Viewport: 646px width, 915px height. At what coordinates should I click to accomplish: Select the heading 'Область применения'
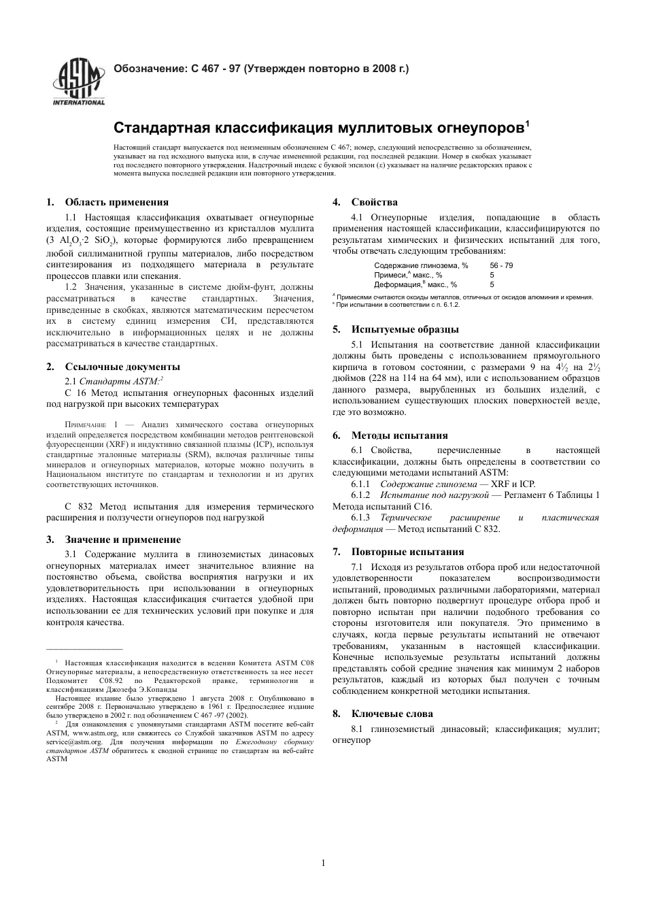coord(116,202)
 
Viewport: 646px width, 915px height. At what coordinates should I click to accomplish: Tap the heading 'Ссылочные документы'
coord(122,367)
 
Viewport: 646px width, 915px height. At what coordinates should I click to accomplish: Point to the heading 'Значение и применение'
coord(122,539)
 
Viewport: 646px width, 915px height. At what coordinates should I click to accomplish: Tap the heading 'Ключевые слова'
coord(392,714)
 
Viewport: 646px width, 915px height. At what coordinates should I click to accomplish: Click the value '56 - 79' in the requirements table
coord(501,265)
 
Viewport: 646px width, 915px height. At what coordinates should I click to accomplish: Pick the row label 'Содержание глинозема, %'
coord(421,265)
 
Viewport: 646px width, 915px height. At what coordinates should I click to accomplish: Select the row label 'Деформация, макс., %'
coord(415,285)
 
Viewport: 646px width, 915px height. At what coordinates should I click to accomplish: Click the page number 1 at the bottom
coord(323,863)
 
